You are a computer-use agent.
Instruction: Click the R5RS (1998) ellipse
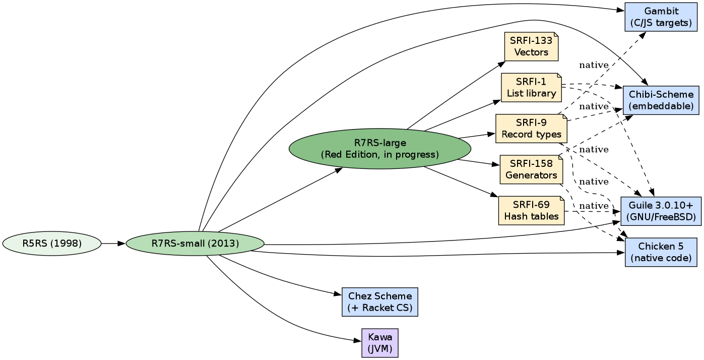click(x=52, y=244)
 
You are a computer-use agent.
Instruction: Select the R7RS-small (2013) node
click(x=195, y=244)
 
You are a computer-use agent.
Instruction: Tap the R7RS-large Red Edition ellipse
click(x=379, y=149)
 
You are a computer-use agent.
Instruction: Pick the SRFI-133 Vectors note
click(x=531, y=46)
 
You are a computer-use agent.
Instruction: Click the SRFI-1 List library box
click(x=531, y=88)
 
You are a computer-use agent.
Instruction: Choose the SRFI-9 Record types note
click(x=531, y=129)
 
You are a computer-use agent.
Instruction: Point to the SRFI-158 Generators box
click(x=531, y=169)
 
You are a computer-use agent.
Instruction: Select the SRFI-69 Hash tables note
click(x=531, y=211)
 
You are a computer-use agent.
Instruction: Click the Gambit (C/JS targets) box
click(x=661, y=17)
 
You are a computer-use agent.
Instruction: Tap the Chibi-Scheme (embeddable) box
click(x=661, y=100)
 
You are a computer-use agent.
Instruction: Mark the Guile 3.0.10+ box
click(x=661, y=211)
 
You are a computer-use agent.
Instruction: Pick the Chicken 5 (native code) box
click(x=661, y=252)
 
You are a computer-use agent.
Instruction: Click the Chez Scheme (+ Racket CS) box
click(x=379, y=302)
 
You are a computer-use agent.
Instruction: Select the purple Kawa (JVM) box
click(x=379, y=343)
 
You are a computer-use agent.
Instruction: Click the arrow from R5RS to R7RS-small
click(x=113, y=244)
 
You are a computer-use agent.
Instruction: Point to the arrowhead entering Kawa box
click(x=358, y=341)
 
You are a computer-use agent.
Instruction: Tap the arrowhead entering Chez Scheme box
click(x=339, y=294)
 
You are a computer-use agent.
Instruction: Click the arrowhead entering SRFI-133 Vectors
click(x=502, y=64)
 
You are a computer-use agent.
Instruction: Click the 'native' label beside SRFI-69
click(x=594, y=206)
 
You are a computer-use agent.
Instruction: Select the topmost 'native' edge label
click(x=594, y=65)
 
